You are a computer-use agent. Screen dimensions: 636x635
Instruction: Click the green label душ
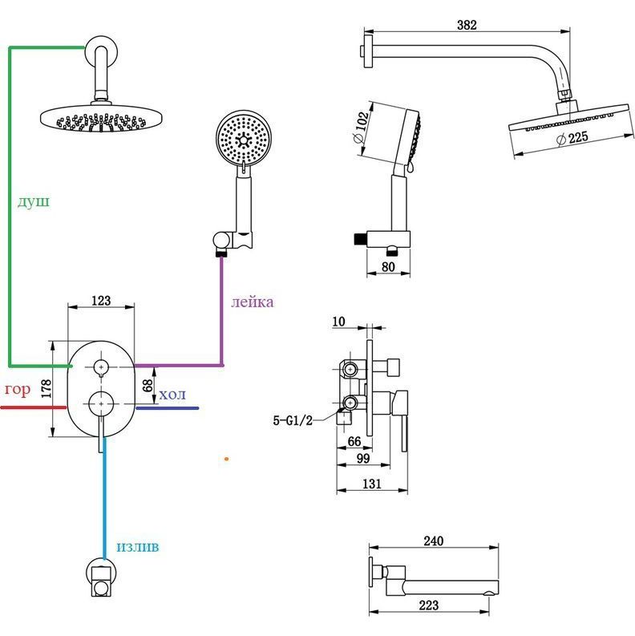click(x=33, y=201)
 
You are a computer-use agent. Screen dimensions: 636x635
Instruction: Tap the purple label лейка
click(x=252, y=302)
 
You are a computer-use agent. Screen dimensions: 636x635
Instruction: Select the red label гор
click(x=17, y=390)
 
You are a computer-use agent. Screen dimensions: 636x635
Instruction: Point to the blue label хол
click(x=172, y=394)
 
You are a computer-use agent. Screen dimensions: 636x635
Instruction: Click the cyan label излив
click(x=137, y=546)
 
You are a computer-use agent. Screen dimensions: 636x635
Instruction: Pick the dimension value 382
click(x=467, y=25)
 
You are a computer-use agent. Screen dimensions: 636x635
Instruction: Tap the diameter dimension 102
click(x=362, y=123)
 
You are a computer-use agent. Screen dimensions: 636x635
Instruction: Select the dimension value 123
click(x=101, y=301)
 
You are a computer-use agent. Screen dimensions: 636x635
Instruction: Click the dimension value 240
click(x=433, y=542)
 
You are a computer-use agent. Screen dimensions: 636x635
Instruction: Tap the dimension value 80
click(x=388, y=267)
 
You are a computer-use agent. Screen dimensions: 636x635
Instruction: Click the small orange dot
click(x=227, y=459)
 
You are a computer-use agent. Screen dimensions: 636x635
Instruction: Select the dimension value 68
click(x=147, y=386)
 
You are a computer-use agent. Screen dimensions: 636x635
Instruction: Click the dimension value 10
click(x=338, y=322)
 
